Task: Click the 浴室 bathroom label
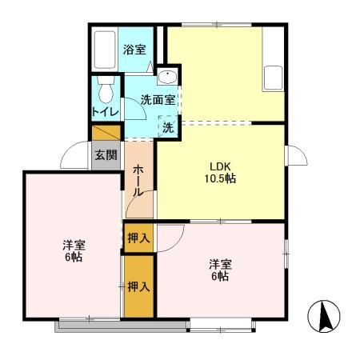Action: pyautogui.click(x=134, y=50)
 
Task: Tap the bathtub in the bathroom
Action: pyautogui.click(x=104, y=50)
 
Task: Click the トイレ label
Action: pyautogui.click(x=105, y=112)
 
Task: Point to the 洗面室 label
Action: pyautogui.click(x=156, y=101)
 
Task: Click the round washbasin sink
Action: pyautogui.click(x=166, y=78)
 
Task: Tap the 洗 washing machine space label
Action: pyautogui.click(x=168, y=126)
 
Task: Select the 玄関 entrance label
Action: pyautogui.click(x=106, y=155)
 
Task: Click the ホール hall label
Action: pyautogui.click(x=138, y=181)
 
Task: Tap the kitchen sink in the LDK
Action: pyautogui.click(x=274, y=78)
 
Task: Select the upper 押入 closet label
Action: pyautogui.click(x=138, y=238)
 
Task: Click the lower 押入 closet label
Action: pyautogui.click(x=138, y=286)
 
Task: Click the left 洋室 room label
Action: pyautogui.click(x=73, y=245)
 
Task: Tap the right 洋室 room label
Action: pyautogui.click(x=221, y=263)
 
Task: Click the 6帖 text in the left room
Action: pyautogui.click(x=73, y=258)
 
